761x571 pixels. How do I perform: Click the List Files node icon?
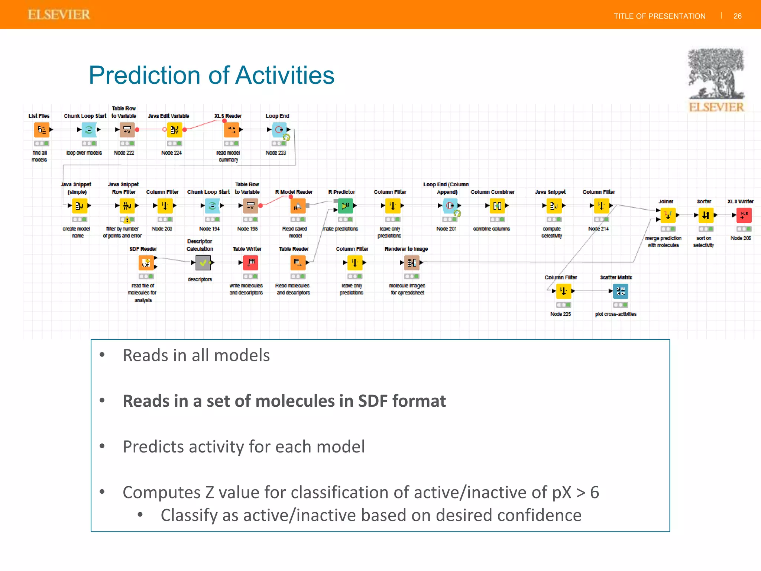pyautogui.click(x=42, y=130)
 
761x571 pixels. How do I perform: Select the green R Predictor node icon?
pyautogui.click(x=346, y=206)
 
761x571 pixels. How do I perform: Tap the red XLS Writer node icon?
pyautogui.click(x=744, y=215)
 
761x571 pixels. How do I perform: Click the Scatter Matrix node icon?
pyautogui.click(x=620, y=291)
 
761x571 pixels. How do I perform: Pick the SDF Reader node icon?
pyautogui.click(x=146, y=263)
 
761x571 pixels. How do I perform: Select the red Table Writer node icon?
pyautogui.click(x=251, y=263)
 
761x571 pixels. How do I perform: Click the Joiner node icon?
pyautogui.click(x=668, y=215)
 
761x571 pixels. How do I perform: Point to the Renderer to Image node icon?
pyautogui.click(x=412, y=263)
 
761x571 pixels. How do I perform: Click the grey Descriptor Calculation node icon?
pyautogui.click(x=203, y=263)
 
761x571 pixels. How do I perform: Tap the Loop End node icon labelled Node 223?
pyautogui.click(x=279, y=130)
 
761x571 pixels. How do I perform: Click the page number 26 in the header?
pyautogui.click(x=737, y=16)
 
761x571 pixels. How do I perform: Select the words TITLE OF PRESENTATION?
pyautogui.click(x=659, y=16)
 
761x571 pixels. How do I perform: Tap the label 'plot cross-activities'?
pyautogui.click(x=615, y=314)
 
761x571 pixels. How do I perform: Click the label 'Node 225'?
pyautogui.click(x=560, y=314)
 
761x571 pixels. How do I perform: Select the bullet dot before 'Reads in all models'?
pyautogui.click(x=102, y=355)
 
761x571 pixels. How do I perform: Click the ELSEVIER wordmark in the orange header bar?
pyautogui.click(x=59, y=14)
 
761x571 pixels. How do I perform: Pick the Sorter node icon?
pyautogui.click(x=706, y=215)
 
